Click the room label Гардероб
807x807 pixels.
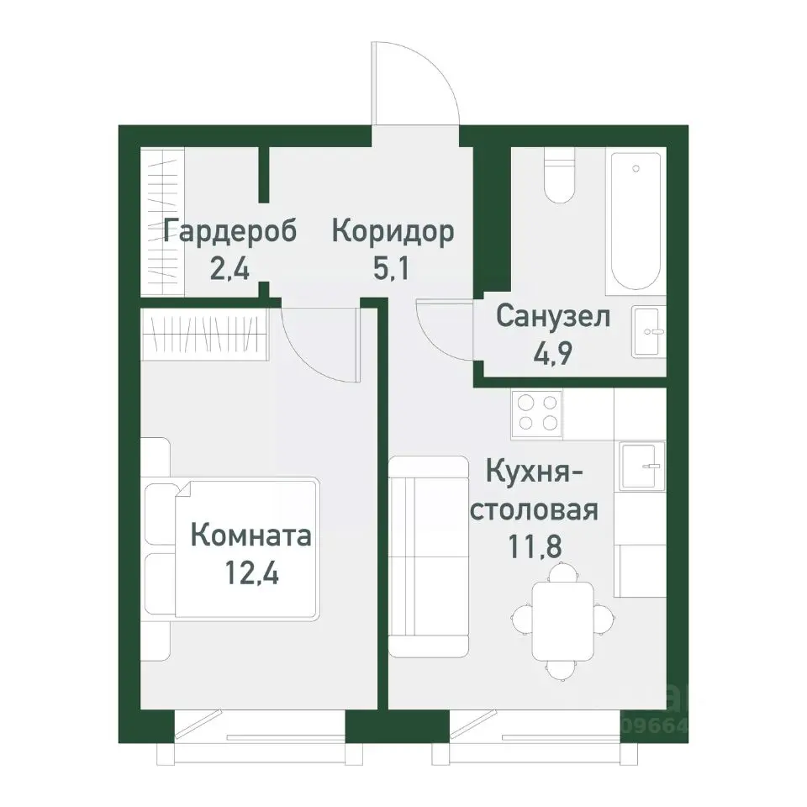230,231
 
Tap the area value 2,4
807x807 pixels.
229,271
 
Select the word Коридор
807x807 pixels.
393,231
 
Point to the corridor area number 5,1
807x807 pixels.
393,271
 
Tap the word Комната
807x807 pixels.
251,535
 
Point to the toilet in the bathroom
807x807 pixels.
558,177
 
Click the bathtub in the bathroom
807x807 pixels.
636,221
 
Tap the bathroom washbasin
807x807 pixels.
648,331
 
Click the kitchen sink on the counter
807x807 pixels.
642,465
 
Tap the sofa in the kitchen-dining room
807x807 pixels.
430,556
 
